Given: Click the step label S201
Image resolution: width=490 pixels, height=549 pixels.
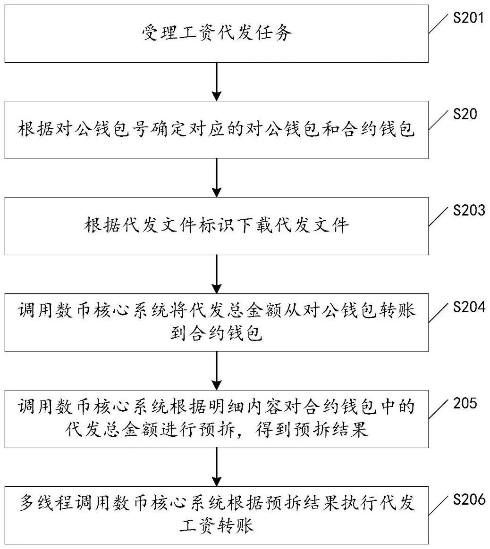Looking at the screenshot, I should (x=469, y=18).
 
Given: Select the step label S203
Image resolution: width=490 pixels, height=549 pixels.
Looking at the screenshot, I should (x=469, y=210).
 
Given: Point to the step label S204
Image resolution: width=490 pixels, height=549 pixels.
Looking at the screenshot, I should (x=469, y=307).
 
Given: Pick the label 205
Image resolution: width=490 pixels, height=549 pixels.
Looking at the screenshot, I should (x=465, y=404).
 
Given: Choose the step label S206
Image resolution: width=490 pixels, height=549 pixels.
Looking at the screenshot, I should (x=469, y=499).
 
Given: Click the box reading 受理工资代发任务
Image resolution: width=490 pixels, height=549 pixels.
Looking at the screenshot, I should (x=217, y=33).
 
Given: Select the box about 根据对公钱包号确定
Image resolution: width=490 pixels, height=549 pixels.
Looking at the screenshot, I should (x=217, y=130).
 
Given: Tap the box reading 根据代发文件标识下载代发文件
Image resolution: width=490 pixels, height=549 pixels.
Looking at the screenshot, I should (x=217, y=226).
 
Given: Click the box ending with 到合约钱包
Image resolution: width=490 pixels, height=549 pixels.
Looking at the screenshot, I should (x=217, y=323).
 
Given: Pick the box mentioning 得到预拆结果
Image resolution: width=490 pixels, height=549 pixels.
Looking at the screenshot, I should (x=217, y=419).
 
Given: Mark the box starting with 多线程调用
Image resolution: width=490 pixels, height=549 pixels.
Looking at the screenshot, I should (x=217, y=515).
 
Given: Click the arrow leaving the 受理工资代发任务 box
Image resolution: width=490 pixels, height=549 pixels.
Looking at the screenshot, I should (x=217, y=81).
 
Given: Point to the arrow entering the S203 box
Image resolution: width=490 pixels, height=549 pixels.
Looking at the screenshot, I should (x=217, y=177).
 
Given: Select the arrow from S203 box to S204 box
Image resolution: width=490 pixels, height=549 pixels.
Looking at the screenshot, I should (x=217, y=274).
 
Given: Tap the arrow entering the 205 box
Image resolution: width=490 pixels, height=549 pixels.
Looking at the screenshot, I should (x=217, y=370).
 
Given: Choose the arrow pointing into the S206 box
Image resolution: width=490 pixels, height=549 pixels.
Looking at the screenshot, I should (x=217, y=466).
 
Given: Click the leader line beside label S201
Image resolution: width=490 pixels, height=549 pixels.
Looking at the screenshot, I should (x=439, y=24).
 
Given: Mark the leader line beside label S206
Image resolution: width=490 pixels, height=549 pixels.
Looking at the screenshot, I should (x=439, y=505).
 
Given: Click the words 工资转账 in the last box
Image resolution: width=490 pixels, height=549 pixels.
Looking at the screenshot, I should (x=217, y=525).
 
